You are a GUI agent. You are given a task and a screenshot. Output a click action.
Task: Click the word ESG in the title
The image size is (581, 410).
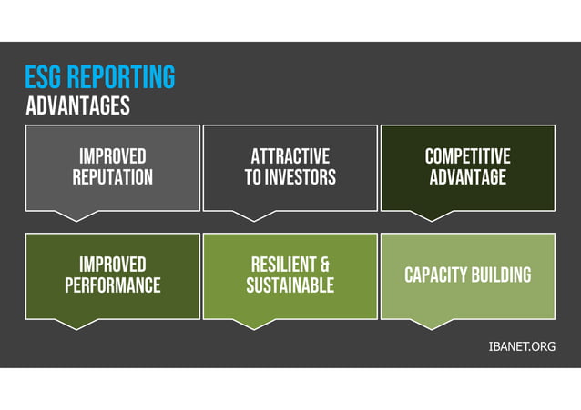[x=44, y=77]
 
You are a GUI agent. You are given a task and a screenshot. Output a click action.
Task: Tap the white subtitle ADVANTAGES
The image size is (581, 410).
[x=77, y=106]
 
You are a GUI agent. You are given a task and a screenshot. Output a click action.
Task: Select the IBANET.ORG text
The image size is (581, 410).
[x=522, y=346]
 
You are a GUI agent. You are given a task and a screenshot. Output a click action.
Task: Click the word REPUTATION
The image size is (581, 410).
[x=112, y=177]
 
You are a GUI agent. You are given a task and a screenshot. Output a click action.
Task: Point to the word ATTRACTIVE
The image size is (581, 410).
[x=290, y=156]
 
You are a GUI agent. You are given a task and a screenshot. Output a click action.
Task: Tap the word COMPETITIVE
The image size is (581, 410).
[x=467, y=156]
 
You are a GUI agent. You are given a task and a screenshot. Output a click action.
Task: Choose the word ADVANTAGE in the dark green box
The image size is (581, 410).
[x=467, y=177]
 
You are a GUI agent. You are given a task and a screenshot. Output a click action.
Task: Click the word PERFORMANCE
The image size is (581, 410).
[x=112, y=285]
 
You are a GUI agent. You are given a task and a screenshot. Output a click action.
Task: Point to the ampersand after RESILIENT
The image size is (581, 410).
[x=323, y=265]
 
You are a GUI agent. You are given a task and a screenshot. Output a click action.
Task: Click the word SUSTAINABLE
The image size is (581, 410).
[x=290, y=285]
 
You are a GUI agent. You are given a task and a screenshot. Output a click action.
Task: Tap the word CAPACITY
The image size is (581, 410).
[x=434, y=275]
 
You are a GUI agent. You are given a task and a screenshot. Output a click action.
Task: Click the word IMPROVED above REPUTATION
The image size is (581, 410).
[x=112, y=156]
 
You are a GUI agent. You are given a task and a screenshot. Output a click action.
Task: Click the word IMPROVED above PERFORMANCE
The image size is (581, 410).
[x=112, y=265]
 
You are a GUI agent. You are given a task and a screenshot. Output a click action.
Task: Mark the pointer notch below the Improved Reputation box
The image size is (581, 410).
[x=84, y=215]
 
